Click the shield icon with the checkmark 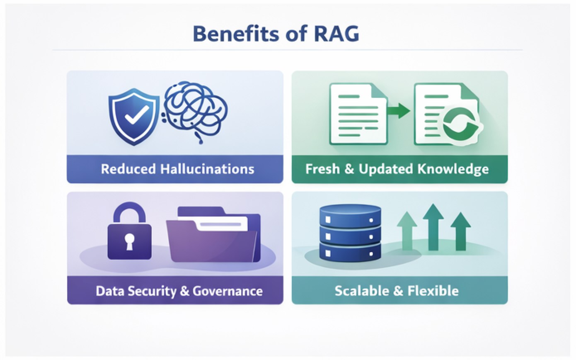133,117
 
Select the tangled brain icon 195,110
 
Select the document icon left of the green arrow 358,114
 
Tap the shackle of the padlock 129,212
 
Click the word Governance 227,291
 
